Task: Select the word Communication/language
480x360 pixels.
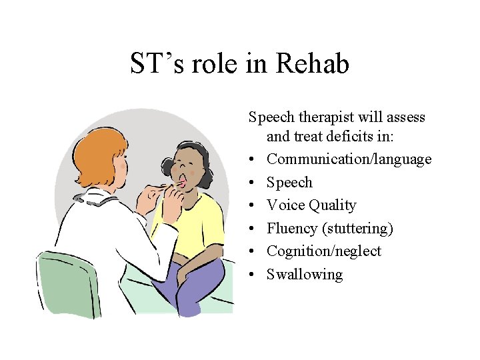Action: [349, 159]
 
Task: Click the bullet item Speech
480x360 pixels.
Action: [289, 183]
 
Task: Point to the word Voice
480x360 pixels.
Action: [285, 205]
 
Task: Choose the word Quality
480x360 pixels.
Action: [332, 205]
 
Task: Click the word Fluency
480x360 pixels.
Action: [292, 229]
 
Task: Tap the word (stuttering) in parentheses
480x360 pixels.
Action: [357, 229]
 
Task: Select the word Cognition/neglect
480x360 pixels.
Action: [324, 251]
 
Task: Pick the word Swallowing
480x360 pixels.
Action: [305, 275]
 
